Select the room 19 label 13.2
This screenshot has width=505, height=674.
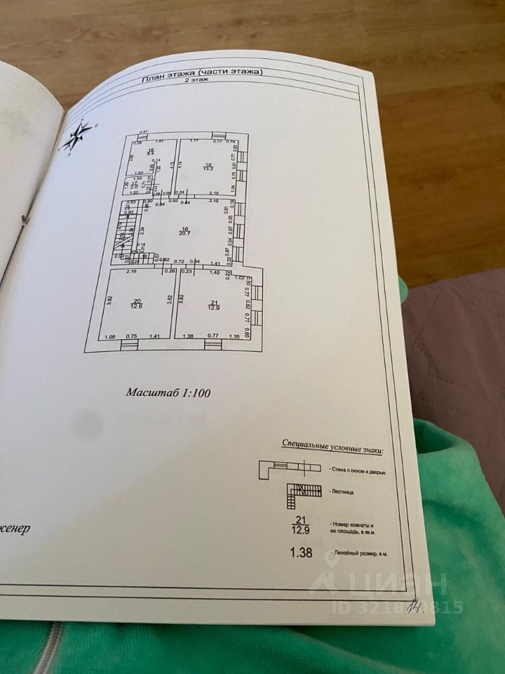[x=208, y=166]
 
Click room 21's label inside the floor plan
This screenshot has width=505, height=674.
[x=213, y=305]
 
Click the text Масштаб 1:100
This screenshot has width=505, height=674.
[x=168, y=393]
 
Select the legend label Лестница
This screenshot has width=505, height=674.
[x=339, y=492]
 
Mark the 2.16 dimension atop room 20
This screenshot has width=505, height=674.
[x=130, y=271]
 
